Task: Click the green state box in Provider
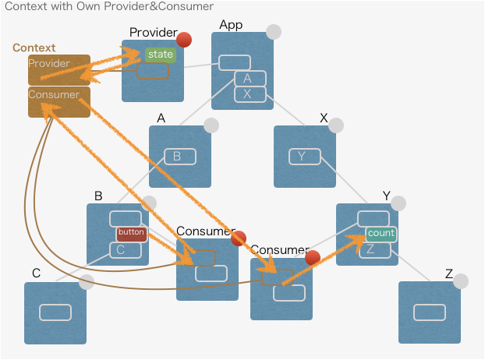160,55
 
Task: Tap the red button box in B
132,233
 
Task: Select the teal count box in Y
381,234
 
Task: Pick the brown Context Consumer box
59,102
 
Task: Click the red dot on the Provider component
184,40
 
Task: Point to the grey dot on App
274,32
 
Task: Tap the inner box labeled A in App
250,79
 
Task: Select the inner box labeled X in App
250,94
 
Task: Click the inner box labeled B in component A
179,157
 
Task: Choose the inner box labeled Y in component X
304,157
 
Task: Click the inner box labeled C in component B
125,250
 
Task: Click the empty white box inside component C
55,312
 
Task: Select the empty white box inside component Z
429,312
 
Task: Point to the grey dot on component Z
461,281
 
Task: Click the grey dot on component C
87,281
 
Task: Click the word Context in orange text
34,48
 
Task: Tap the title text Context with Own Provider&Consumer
109,7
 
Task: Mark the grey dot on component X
336,125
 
